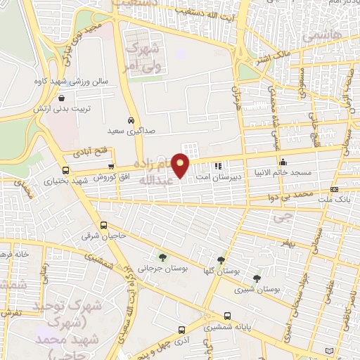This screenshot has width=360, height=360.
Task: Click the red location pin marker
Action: click(x=181, y=166)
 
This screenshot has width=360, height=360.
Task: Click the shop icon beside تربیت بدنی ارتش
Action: click(x=63, y=99)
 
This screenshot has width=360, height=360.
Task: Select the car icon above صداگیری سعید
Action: click(x=131, y=120)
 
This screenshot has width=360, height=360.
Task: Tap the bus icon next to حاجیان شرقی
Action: click(x=104, y=226)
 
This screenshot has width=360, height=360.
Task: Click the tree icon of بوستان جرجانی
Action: click(x=162, y=258)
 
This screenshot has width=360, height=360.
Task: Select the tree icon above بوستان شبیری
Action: click(x=257, y=278)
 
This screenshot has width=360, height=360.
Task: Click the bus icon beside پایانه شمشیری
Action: click(x=227, y=316)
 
